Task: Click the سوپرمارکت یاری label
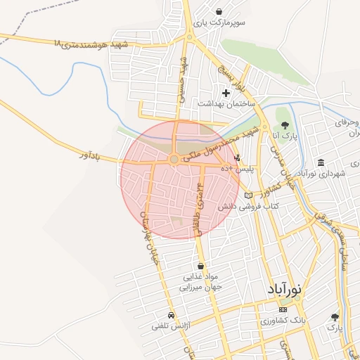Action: tap(221, 23)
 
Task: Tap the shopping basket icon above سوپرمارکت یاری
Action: tap(220, 11)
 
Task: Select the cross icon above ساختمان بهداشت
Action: tap(226, 92)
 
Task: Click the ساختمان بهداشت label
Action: tap(225, 103)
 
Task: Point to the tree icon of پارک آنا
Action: tap(284, 125)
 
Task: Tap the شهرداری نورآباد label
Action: tap(322, 173)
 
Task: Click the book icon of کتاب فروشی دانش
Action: tap(247, 195)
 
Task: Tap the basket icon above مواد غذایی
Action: tap(202, 266)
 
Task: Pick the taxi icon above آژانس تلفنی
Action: tap(172, 316)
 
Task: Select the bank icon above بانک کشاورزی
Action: tap(283, 309)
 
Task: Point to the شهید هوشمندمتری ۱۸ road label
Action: tap(92, 44)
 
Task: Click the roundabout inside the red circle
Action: tap(174, 160)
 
